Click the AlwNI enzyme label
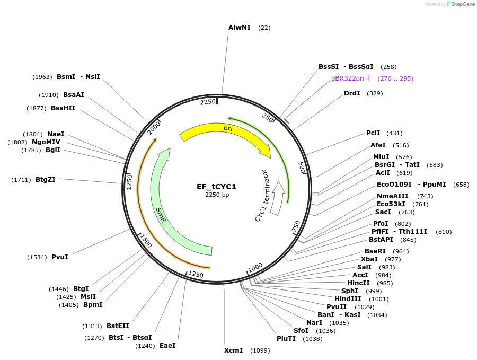[x=240, y=28]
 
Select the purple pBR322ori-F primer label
[x=351, y=78]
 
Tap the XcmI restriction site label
[x=233, y=350]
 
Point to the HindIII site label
[x=348, y=299]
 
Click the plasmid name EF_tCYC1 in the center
[x=216, y=187]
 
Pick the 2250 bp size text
[x=217, y=195]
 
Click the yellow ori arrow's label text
[x=228, y=128]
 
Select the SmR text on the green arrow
[x=161, y=215]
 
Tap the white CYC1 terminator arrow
[x=277, y=198]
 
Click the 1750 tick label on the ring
[x=129, y=182]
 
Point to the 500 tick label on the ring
[x=302, y=168]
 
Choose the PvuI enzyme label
[x=59, y=257]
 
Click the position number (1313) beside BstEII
[x=92, y=326]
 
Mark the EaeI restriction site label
[x=167, y=345]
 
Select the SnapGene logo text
[x=463, y=4]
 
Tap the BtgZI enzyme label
[x=46, y=180]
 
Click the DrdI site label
[x=352, y=93]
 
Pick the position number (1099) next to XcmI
[x=260, y=350]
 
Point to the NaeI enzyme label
[x=56, y=134]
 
